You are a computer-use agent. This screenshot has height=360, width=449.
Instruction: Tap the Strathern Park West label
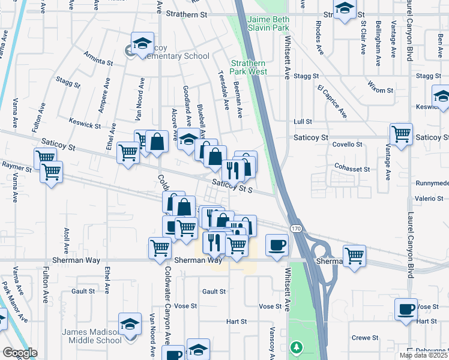coord(249,67)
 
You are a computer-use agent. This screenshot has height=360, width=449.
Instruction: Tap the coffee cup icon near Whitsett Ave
coord(277,245)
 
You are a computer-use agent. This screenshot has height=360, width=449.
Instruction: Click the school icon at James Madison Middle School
coord(129,325)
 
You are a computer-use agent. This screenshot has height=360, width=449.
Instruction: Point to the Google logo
coord(20,353)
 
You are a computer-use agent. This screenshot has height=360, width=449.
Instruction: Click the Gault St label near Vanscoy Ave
coord(214,291)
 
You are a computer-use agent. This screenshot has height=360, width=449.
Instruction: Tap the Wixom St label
coord(381,90)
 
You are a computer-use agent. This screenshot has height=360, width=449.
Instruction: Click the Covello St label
coord(347,145)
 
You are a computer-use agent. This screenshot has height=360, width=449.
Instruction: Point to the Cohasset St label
coord(352,169)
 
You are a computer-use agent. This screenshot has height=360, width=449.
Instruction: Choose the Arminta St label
coord(98,61)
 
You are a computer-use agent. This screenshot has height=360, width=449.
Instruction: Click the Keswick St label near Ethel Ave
coord(85,124)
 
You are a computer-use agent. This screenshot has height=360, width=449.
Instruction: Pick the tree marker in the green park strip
coord(295,346)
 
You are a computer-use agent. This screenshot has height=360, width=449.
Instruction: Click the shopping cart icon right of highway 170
coord(354,254)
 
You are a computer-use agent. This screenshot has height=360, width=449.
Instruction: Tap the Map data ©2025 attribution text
coord(423,355)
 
